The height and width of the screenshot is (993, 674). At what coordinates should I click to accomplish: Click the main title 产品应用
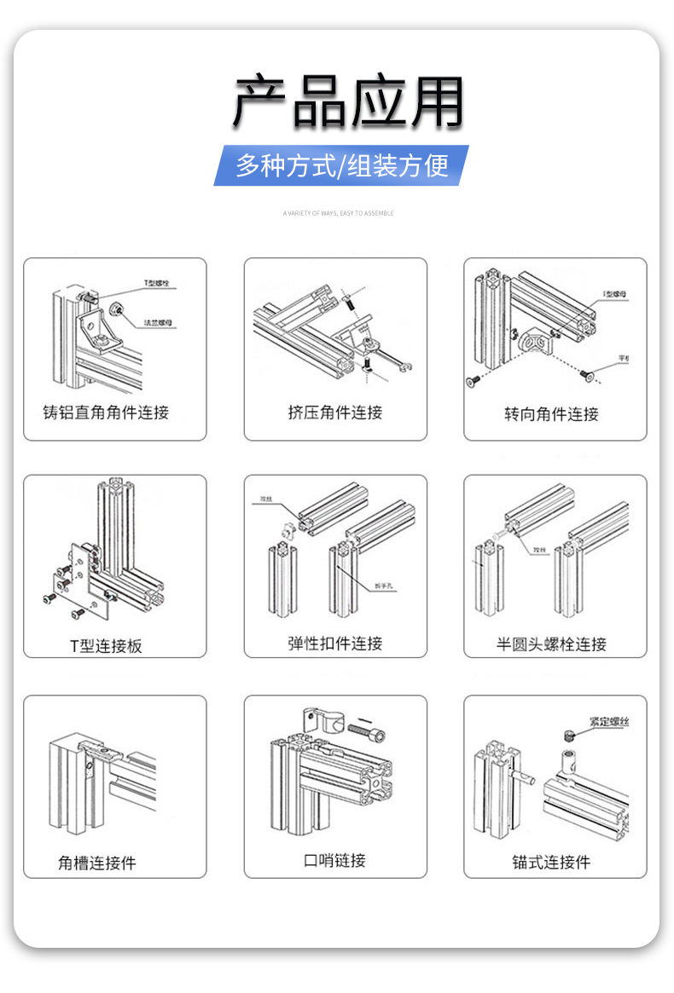[x=348, y=102]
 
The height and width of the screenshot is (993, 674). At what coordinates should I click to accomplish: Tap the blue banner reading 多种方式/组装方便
[x=341, y=165]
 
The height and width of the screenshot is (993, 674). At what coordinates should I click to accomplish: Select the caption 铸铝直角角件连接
[x=106, y=413]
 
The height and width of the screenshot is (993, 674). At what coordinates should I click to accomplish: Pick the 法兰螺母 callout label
[x=159, y=323]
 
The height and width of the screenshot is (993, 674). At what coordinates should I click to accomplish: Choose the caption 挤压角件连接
[x=335, y=413]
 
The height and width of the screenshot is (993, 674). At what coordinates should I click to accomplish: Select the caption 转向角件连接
[x=551, y=414]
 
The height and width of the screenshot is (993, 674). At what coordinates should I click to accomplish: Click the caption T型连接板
[x=106, y=646]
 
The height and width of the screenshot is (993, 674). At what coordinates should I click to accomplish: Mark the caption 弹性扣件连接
[x=335, y=644]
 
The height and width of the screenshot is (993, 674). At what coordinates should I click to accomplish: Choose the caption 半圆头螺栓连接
[x=551, y=644]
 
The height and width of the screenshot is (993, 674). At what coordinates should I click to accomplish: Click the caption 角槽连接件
[x=97, y=863]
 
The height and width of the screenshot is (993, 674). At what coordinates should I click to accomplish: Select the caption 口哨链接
[x=335, y=861]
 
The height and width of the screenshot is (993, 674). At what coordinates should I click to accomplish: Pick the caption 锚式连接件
[x=551, y=863]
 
